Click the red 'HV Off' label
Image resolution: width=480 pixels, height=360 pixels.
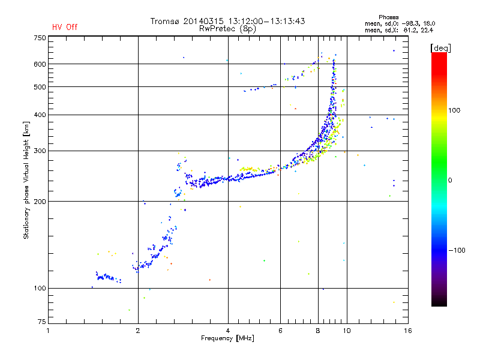pos(64,27)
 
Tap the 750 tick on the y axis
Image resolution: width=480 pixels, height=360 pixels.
pos(40,38)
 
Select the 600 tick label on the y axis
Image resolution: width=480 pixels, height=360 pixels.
pos(40,64)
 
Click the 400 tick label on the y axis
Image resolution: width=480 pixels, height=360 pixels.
pos(40,115)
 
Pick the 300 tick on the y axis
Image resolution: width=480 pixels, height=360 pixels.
pos(40,151)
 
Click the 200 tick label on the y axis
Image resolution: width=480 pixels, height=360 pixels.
pos(40,202)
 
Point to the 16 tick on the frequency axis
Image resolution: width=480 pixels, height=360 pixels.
pos(407,330)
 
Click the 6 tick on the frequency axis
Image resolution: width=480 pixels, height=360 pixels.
pos(280,330)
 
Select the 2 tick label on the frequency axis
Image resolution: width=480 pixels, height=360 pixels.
pos(138,330)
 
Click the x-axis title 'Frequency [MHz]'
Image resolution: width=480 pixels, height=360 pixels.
pos(227,338)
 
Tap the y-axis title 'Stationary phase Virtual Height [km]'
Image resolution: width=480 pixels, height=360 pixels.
pos(26,180)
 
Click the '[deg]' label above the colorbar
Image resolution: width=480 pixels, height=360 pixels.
pos(440,47)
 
